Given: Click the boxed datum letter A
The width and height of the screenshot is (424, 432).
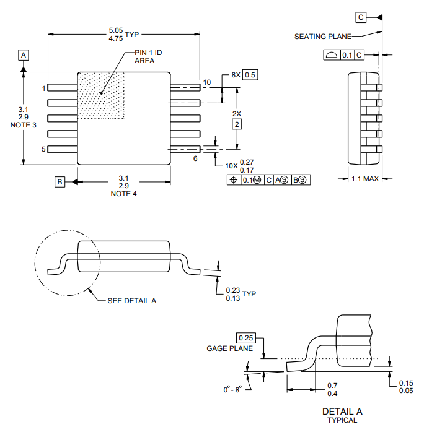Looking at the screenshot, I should [23, 56].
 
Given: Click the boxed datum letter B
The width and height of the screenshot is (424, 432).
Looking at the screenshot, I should [60, 182].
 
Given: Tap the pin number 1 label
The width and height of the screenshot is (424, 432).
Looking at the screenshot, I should [43, 89].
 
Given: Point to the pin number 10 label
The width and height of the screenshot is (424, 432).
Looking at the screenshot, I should [207, 82].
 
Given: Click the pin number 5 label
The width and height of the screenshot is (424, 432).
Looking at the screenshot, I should [43, 149].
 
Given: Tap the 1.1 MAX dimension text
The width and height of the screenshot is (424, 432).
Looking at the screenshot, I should [364, 179].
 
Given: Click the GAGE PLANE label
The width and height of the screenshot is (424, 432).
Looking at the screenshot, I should [229, 348].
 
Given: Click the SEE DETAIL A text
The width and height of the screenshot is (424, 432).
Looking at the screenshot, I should [132, 300].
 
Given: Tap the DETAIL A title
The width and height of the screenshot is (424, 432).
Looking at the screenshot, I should [342, 411].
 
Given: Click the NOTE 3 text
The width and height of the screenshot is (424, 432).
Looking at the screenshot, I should [23, 125].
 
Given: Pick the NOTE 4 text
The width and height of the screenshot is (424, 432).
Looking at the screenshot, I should [123, 194].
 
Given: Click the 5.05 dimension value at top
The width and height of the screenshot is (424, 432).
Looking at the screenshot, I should [115, 30].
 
